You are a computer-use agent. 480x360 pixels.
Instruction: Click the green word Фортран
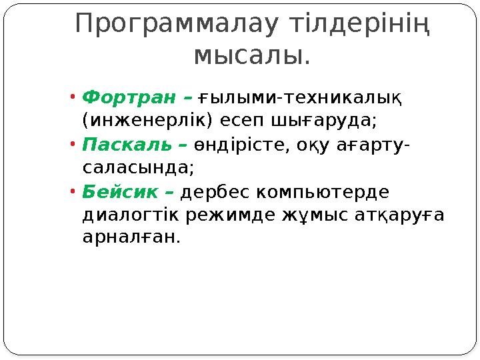(x=130, y=98)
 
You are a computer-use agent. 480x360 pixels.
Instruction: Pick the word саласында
(x=137, y=168)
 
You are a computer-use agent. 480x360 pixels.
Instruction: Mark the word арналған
(x=131, y=238)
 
